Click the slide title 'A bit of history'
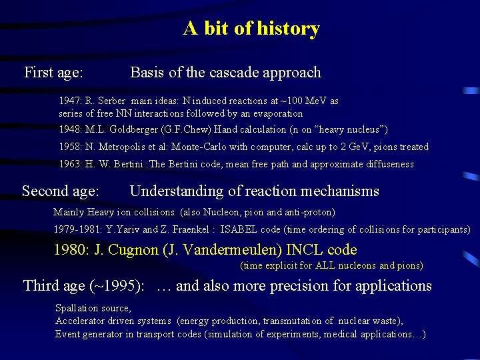click(x=251, y=29)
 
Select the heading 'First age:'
click(x=53, y=73)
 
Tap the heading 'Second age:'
click(x=61, y=191)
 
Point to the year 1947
click(x=70, y=101)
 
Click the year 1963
click(x=70, y=164)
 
